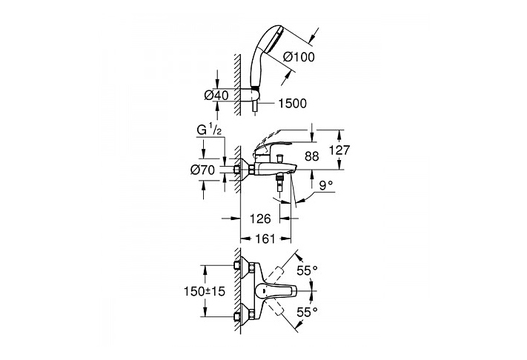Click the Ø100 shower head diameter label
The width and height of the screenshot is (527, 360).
tap(299, 57)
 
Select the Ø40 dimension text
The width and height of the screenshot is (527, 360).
tap(216, 96)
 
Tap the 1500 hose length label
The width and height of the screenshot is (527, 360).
tap(292, 104)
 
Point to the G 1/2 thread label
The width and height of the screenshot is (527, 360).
tap(209, 130)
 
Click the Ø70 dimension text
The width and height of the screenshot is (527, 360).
tap(202, 170)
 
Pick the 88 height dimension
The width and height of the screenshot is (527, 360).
tap(311, 156)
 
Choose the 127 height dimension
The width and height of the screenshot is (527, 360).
tap(339, 150)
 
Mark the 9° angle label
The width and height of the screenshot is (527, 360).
tap(325, 185)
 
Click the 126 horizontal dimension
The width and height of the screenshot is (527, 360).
tap(260, 219)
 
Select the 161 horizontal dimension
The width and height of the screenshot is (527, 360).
tap(265, 239)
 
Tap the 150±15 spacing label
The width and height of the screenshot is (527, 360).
tap(204, 291)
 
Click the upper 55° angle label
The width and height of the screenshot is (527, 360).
tap(307, 270)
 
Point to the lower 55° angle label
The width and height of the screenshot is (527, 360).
tap(307, 313)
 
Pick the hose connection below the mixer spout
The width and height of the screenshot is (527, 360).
tap(279, 181)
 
